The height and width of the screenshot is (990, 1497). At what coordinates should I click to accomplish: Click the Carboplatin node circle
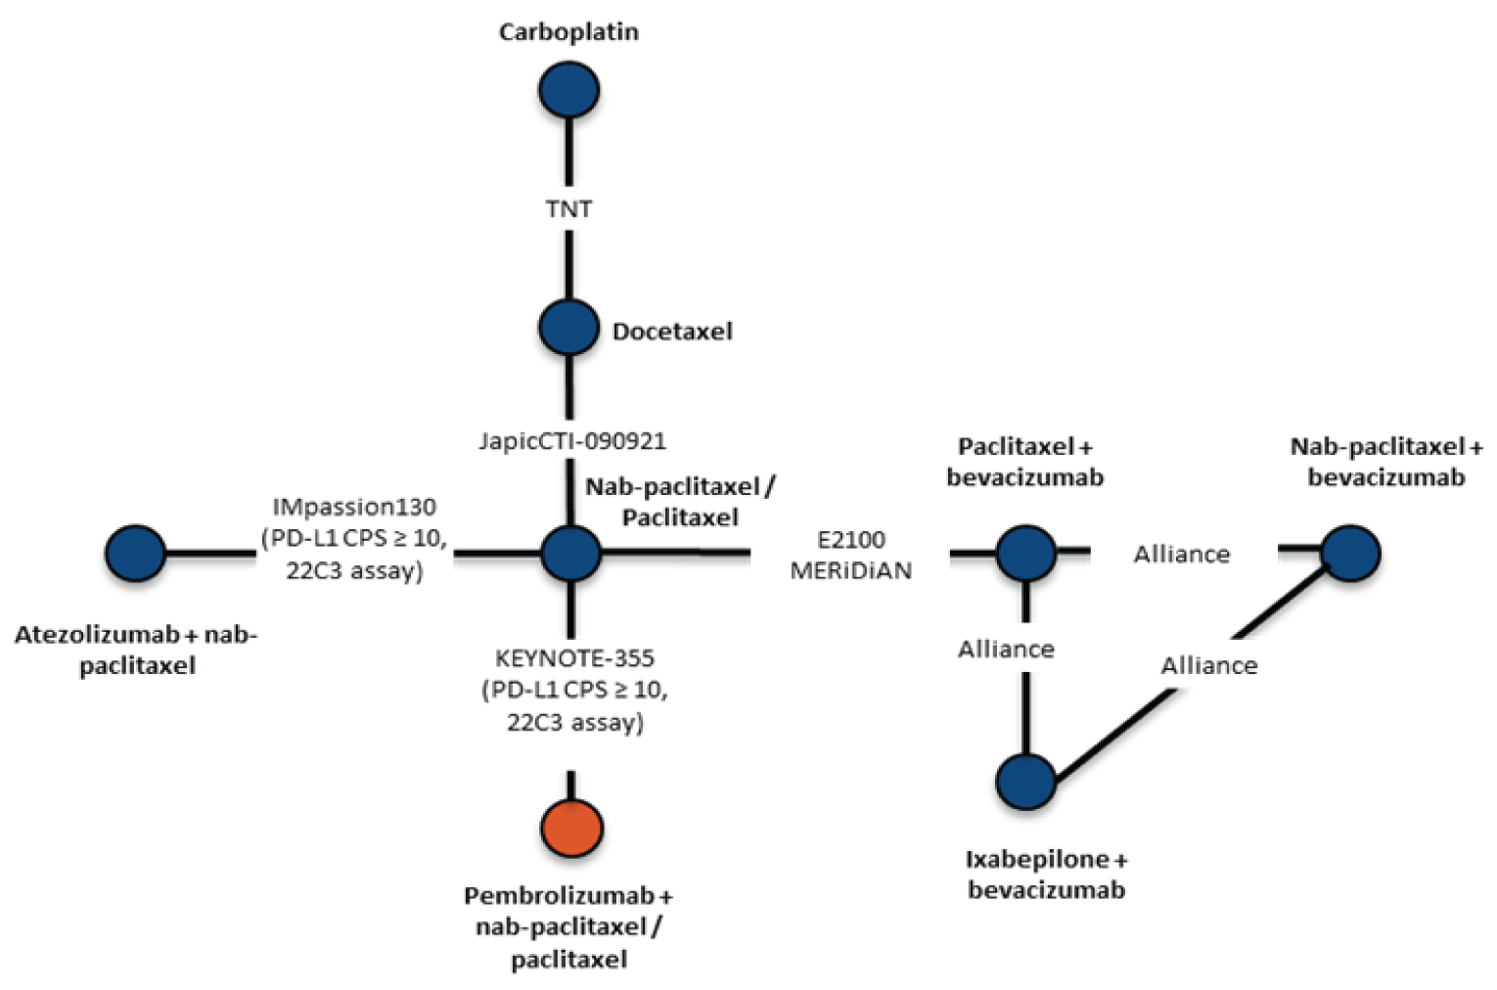pyautogui.click(x=568, y=90)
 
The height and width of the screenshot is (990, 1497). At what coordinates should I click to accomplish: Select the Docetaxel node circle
pyautogui.click(x=568, y=328)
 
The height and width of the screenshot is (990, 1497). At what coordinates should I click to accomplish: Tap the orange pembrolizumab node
pyautogui.click(x=572, y=828)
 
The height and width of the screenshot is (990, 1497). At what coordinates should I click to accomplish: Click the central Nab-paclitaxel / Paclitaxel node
pyautogui.click(x=571, y=553)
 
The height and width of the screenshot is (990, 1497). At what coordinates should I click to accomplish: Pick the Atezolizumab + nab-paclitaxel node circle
pyautogui.click(x=136, y=554)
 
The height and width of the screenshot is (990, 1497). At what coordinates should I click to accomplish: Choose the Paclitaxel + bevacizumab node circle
pyautogui.click(x=1025, y=553)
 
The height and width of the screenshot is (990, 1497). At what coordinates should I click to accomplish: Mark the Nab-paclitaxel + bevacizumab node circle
pyautogui.click(x=1350, y=553)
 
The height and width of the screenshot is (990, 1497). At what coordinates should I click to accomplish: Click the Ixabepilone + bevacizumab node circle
pyautogui.click(x=1026, y=782)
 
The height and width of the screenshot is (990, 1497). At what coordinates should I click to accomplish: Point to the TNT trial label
pyautogui.click(x=568, y=209)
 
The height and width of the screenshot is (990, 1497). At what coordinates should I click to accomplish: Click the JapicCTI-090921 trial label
pyautogui.click(x=572, y=441)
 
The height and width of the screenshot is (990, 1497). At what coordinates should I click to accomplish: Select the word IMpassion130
pyautogui.click(x=354, y=507)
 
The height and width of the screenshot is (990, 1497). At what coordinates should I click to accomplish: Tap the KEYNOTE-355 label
pyautogui.click(x=574, y=658)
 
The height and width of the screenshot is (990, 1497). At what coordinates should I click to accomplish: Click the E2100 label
pyautogui.click(x=851, y=539)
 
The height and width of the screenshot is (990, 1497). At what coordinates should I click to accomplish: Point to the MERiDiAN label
pyautogui.click(x=851, y=570)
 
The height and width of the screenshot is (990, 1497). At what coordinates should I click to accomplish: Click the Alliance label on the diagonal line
pyautogui.click(x=1209, y=666)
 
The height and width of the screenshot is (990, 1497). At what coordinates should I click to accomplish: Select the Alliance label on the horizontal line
pyautogui.click(x=1182, y=555)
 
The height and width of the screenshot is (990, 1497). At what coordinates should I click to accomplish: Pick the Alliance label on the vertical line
pyautogui.click(x=1006, y=650)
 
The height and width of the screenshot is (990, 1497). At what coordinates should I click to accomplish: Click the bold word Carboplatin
pyautogui.click(x=568, y=32)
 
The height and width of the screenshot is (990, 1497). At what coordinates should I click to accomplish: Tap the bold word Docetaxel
pyautogui.click(x=672, y=332)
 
